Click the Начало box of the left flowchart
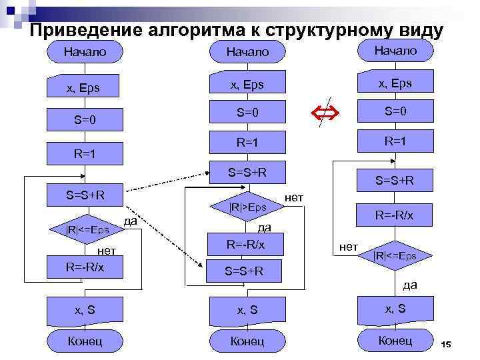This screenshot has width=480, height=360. [x=85, y=51]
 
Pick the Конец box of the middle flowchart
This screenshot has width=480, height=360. [x=247, y=341]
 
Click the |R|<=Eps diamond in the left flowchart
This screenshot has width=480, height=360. [x=87, y=231]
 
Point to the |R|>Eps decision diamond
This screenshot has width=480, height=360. [x=247, y=207]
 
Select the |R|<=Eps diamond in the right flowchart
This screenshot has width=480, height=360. [x=395, y=256]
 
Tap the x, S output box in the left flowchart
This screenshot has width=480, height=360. [x=85, y=310]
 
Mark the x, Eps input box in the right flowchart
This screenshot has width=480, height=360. [x=395, y=83]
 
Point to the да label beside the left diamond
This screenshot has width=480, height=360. [x=131, y=221]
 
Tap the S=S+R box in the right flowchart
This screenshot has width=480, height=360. [x=395, y=180]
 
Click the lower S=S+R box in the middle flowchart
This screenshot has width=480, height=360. [x=244, y=271]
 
